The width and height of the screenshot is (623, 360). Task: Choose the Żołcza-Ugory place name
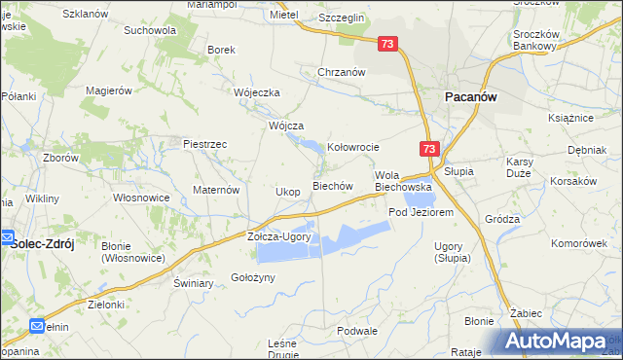(278, 237)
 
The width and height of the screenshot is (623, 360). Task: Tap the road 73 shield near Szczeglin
(388, 44)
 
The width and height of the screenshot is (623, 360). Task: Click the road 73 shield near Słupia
(431, 148)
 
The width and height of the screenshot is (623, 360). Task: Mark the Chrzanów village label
(341, 72)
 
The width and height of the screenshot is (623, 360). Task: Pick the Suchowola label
(150, 30)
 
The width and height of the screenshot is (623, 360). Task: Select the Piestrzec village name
(204, 144)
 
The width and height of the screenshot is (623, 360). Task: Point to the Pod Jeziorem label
(421, 212)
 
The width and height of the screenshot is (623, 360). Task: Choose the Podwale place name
(356, 331)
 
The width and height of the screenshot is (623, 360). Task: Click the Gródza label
(501, 219)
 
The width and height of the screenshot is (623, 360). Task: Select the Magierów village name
(108, 90)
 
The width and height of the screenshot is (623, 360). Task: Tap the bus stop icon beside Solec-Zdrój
(5, 237)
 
